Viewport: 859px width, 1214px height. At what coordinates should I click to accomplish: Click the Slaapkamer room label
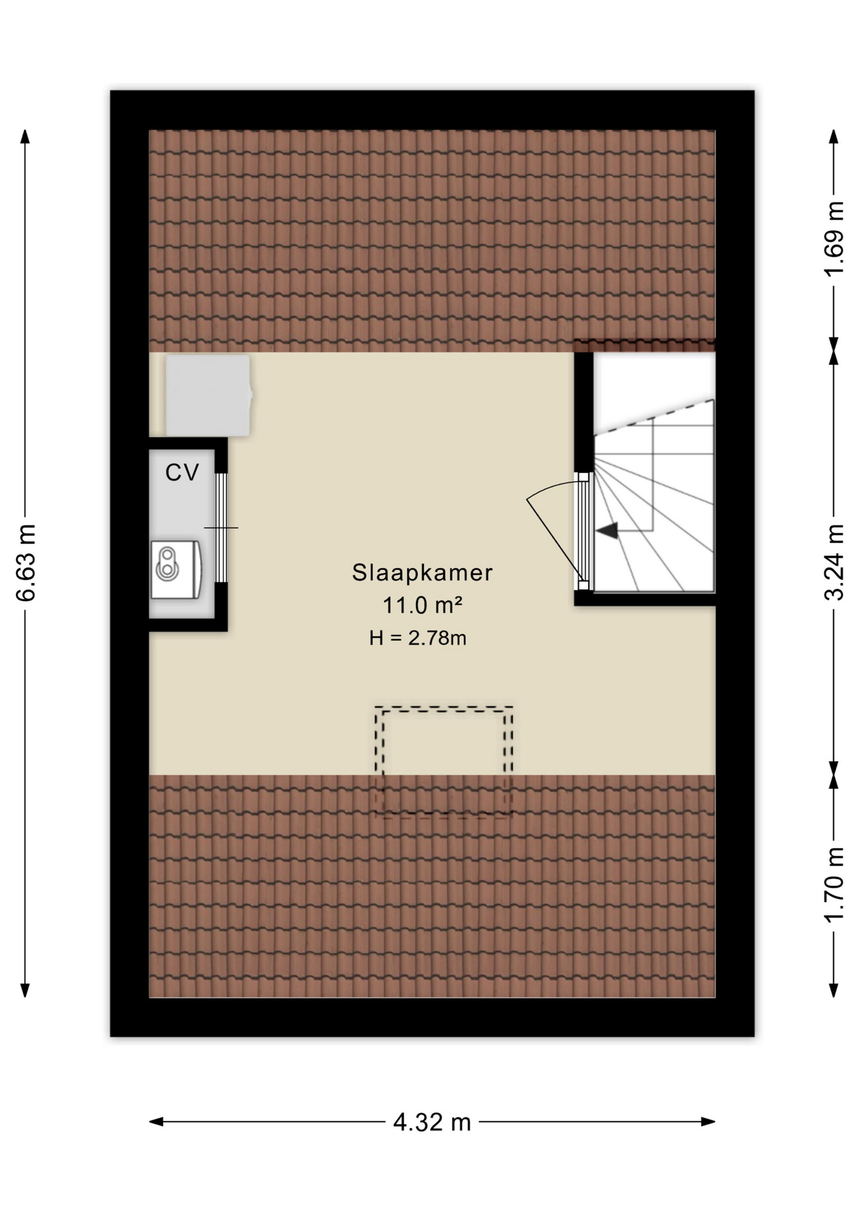(422, 572)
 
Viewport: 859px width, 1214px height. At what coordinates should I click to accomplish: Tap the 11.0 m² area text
(422, 605)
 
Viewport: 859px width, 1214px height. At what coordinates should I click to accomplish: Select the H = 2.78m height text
(418, 638)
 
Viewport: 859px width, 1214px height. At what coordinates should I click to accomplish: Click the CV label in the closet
(182, 472)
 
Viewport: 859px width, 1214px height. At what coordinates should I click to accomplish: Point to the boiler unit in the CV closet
(176, 569)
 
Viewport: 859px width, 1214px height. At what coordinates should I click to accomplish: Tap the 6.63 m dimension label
(26, 563)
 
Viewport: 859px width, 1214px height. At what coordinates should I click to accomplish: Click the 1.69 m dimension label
(834, 238)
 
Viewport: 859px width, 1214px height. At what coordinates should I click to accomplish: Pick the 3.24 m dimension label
(834, 562)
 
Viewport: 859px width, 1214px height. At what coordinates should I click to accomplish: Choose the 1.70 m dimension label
(834, 885)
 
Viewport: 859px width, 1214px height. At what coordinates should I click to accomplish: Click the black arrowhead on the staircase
(608, 530)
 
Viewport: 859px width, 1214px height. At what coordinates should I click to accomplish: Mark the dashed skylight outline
(443, 707)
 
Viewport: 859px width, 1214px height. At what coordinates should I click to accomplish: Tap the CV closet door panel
(221, 527)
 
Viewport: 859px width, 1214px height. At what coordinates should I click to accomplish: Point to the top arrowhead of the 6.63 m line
(25, 137)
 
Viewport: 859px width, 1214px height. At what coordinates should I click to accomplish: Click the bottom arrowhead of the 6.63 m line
(25, 990)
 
